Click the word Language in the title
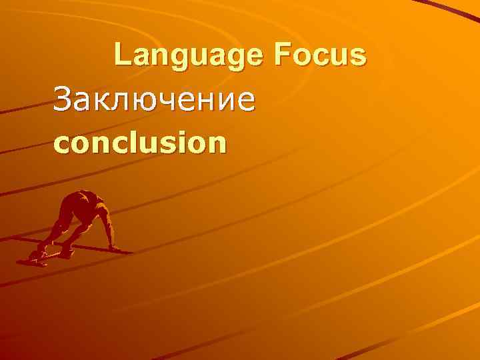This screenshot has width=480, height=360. pos(188,55)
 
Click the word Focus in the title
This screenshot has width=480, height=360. pos(319,55)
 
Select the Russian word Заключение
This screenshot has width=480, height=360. pos(154,101)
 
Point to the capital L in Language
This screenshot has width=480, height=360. pos(121,55)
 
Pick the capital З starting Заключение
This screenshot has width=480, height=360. pos(63,101)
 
